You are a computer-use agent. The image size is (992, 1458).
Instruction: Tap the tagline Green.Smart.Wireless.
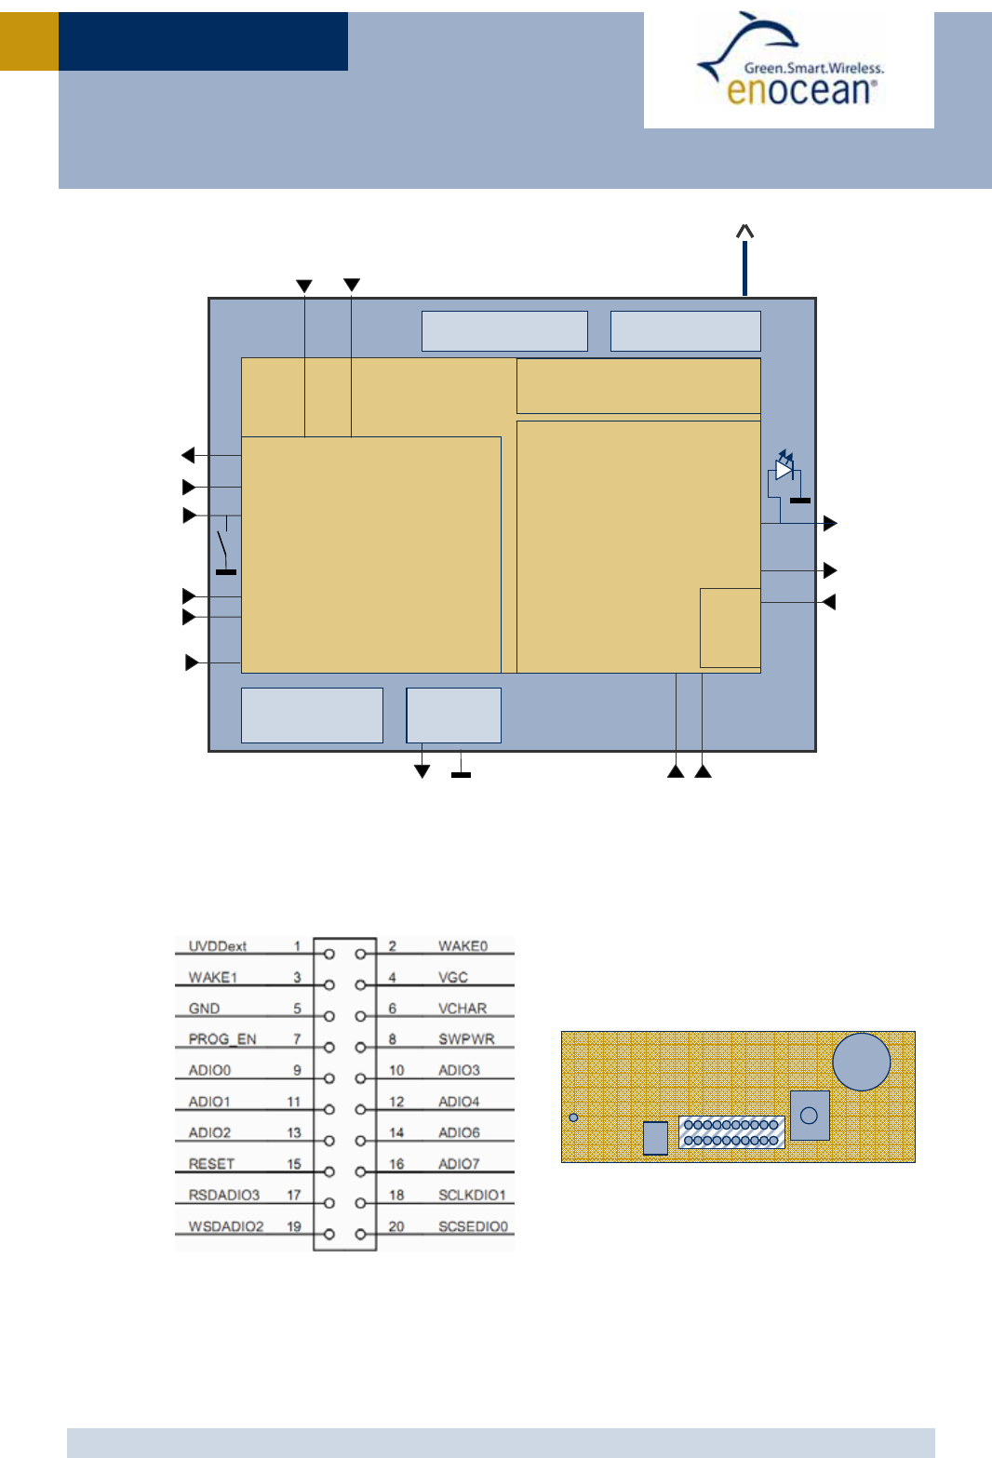coord(814,68)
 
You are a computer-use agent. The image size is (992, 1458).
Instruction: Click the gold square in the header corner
coord(29,41)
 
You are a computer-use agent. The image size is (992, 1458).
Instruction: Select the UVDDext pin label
coord(218,945)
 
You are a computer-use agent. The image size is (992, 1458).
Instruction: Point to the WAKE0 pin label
coord(462,945)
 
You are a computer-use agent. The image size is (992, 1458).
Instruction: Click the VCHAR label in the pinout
coord(462,1009)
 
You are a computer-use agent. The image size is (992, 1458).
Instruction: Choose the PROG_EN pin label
coord(222,1039)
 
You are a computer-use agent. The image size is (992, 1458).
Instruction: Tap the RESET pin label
coord(211,1164)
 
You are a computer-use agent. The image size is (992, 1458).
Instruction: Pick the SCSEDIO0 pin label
coord(473,1226)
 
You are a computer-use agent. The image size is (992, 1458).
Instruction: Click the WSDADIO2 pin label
coord(226,1226)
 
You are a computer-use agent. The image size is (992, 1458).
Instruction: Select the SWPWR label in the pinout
coord(466,1039)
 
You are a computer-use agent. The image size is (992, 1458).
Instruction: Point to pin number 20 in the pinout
coord(396,1226)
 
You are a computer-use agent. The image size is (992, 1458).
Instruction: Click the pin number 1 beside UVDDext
coord(297,945)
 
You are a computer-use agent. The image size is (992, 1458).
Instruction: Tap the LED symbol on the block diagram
coord(784,468)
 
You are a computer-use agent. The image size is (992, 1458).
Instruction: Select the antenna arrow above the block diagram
coord(744,260)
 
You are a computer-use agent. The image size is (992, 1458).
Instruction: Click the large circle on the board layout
coord(861,1062)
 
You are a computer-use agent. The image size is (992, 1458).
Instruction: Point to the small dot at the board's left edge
coord(573,1117)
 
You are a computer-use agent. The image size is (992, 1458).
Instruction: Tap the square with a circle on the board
coord(810,1116)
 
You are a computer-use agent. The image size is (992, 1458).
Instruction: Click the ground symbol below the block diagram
coord(461,774)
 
